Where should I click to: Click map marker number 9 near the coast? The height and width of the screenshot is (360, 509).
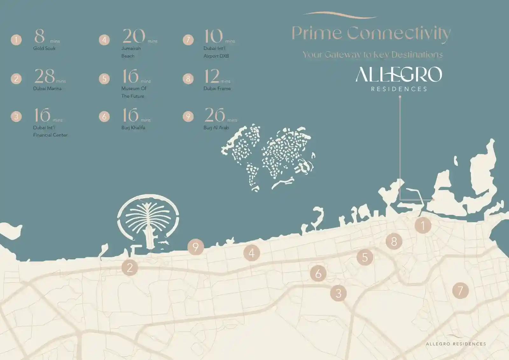click(x=195, y=247)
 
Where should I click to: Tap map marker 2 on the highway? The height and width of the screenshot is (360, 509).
click(x=129, y=267)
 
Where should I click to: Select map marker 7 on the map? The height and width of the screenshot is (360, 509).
click(x=460, y=290)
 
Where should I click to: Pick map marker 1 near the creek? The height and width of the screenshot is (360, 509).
click(x=423, y=226)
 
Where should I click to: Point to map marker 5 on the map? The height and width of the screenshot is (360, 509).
click(x=365, y=257)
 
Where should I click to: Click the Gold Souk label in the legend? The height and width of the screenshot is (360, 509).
click(x=44, y=48)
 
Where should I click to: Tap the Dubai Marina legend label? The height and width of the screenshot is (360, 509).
click(x=47, y=88)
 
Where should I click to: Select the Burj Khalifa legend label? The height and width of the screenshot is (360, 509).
click(x=133, y=128)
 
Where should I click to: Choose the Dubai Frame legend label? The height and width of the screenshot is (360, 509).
click(x=217, y=88)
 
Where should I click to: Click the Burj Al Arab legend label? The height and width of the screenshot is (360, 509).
click(x=216, y=128)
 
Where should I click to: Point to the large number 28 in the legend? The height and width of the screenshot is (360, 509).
click(x=45, y=76)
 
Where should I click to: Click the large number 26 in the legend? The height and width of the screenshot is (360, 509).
click(x=214, y=115)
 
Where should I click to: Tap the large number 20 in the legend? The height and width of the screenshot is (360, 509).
click(x=134, y=36)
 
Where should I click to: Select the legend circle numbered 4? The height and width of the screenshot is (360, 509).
click(x=104, y=40)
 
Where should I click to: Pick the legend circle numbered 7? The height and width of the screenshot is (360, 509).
click(x=188, y=40)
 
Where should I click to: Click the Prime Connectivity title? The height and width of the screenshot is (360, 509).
click(x=371, y=33)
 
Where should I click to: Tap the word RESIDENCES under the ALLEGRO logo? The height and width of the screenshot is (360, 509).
click(x=399, y=89)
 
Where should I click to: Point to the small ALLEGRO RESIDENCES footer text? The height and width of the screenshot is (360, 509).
click(x=456, y=344)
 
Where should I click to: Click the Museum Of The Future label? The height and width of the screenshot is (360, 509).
click(x=134, y=92)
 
